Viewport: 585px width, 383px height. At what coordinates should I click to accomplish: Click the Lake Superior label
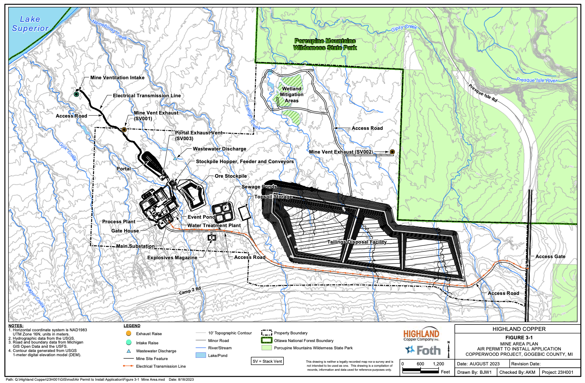pyautogui.click(x=30, y=24)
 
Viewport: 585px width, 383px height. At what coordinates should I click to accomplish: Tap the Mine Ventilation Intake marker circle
pyautogui.click(x=76, y=94)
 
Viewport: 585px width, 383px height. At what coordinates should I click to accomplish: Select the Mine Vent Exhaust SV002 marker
pyautogui.click(x=392, y=152)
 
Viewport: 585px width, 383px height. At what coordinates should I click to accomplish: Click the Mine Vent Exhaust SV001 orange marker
pyautogui.click(x=124, y=130)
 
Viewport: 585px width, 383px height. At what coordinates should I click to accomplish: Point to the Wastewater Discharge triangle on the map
pyautogui.click(x=175, y=158)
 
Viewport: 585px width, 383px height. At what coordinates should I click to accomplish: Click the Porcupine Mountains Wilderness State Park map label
pyautogui.click(x=325, y=44)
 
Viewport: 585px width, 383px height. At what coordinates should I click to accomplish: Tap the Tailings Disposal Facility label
pyautogui.click(x=357, y=242)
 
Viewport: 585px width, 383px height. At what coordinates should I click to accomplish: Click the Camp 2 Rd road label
pyautogui.click(x=190, y=291)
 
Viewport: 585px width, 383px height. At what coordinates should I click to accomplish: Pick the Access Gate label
pyautogui.click(x=550, y=257)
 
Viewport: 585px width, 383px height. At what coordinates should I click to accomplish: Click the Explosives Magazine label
pyautogui.click(x=172, y=258)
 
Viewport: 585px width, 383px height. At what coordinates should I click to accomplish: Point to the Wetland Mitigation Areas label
pyautogui.click(x=292, y=95)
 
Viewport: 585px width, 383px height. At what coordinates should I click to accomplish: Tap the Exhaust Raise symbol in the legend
pyautogui.click(x=129, y=334)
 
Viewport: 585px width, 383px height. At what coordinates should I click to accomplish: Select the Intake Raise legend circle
pyautogui.click(x=129, y=342)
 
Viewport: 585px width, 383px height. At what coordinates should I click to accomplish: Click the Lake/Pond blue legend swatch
pyautogui.click(x=201, y=355)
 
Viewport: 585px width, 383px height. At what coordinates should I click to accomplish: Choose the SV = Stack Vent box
pyautogui.click(x=267, y=361)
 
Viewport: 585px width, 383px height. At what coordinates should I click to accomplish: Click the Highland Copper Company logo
pyautogui.click(x=421, y=335)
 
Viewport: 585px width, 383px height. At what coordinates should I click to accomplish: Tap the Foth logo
pyautogui.click(x=423, y=350)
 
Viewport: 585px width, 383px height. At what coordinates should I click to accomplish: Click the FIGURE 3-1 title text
pyautogui.click(x=519, y=337)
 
